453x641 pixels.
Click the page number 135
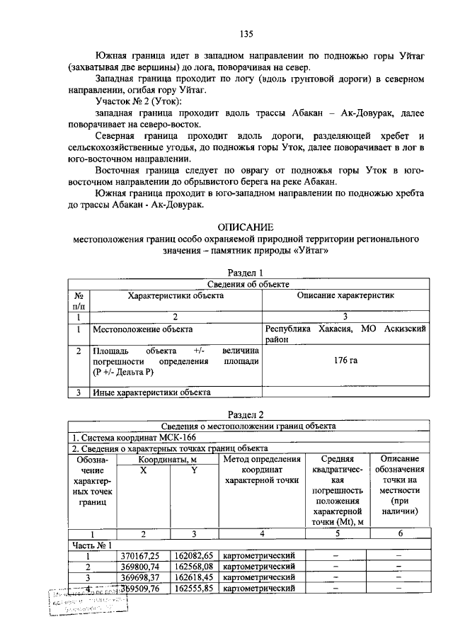tap(246, 33)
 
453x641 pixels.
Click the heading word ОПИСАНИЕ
tap(246, 227)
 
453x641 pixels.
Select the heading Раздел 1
tap(246, 273)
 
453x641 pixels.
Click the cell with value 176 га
tap(345, 361)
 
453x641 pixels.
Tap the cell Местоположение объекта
tap(142, 329)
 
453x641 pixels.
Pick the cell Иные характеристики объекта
tap(151, 391)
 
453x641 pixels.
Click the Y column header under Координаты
tap(194, 470)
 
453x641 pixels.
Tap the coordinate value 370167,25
tap(141, 555)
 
